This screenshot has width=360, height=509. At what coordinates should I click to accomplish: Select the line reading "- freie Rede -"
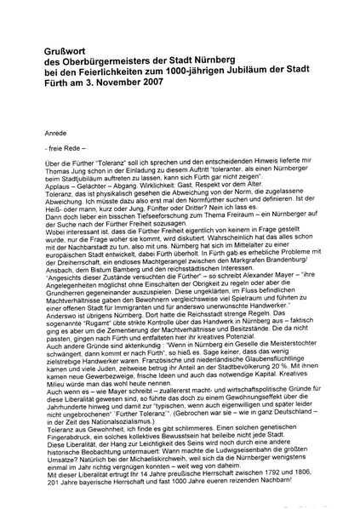point(61,149)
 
